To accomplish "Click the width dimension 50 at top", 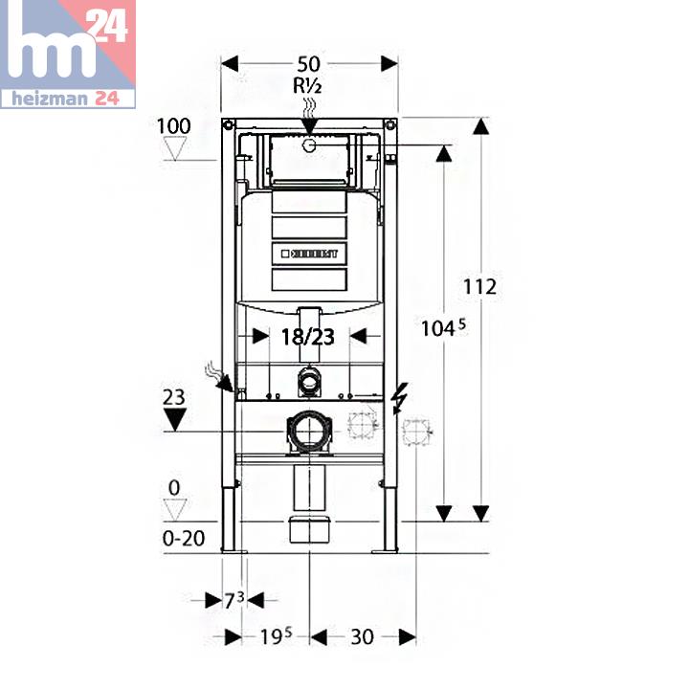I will coord(308,64).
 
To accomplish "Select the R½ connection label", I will coord(308,85).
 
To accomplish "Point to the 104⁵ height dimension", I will coord(443,328).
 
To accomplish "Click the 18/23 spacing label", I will coord(307,336).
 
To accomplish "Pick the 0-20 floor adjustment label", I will coord(184,538).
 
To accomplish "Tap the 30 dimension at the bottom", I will coord(362,636).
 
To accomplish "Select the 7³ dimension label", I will coord(234,600).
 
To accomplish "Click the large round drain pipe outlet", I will coord(308,433).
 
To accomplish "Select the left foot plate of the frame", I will coord(233,550).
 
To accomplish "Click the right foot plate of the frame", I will coord(385,550).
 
